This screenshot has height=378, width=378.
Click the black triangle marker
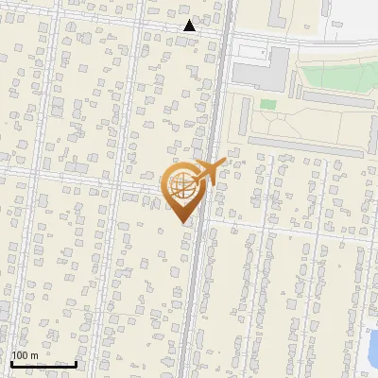click(189, 26)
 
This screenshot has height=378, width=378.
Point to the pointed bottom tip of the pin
click(181, 222)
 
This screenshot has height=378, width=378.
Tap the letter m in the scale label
click(35, 355)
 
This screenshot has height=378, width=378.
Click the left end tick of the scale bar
click(10, 362)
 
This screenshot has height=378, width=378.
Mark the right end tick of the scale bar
click(76, 362)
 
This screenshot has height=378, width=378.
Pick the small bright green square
click(268, 104)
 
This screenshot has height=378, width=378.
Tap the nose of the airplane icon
click(225, 165)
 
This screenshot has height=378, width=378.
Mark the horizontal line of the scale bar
click(43, 364)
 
